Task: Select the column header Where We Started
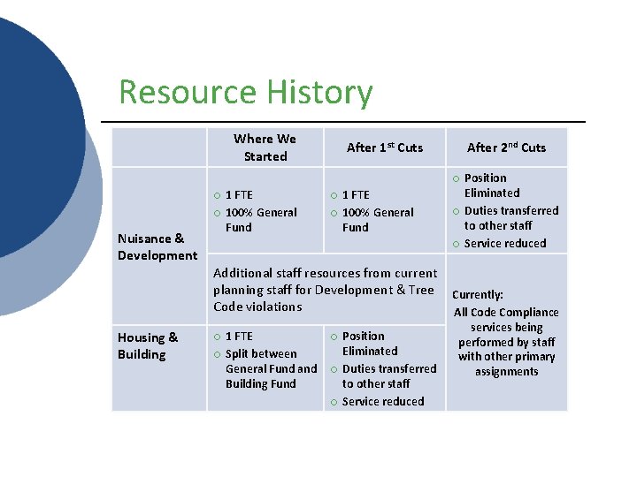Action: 265,148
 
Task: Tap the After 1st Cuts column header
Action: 385,148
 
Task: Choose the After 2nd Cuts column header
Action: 506,148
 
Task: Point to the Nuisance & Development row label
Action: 157,246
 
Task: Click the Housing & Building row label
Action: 148,345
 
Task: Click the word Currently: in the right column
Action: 478,295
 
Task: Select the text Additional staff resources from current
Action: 325,273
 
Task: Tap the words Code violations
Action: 257,307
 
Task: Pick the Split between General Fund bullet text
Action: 271,360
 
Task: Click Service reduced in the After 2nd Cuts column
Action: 505,243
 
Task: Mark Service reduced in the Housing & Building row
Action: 383,401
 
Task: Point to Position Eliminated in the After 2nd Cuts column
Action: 492,185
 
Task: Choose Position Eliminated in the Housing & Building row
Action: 370,343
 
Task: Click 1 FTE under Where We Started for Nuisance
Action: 239,194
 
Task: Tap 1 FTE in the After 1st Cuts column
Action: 356,194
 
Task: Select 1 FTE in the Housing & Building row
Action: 239,336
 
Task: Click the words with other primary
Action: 506,357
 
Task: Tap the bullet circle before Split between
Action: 217,353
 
